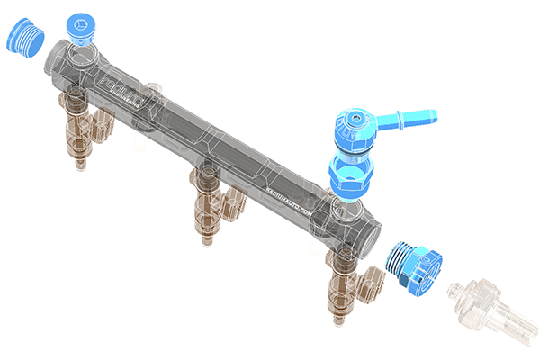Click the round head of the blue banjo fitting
pyautogui.click(x=357, y=127)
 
